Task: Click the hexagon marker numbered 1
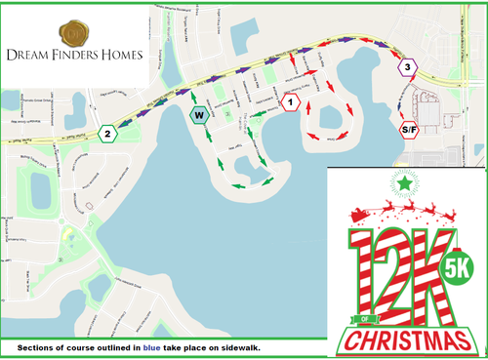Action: (x=288, y=101)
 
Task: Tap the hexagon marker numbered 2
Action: (x=107, y=133)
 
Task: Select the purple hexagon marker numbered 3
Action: (x=408, y=66)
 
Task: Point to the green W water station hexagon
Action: (x=198, y=114)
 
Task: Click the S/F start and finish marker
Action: (x=408, y=129)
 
